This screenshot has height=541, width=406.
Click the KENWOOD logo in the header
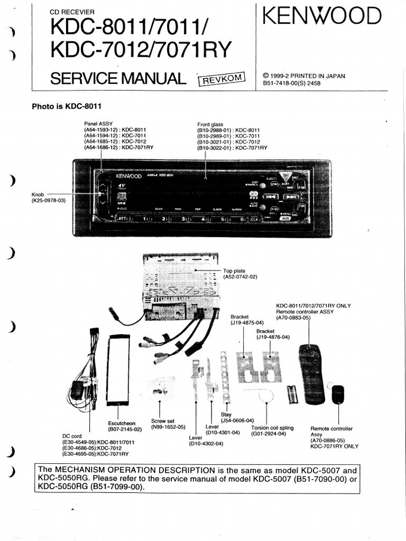[x=322, y=17]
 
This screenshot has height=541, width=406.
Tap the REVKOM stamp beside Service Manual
[x=223, y=79]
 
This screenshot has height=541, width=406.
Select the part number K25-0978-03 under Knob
[x=49, y=200]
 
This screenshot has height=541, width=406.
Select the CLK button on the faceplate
[x=254, y=218]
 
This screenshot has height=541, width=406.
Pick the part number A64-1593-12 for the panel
[x=100, y=129]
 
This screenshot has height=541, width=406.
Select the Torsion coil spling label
[x=269, y=427]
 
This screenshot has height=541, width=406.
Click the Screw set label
[x=163, y=421]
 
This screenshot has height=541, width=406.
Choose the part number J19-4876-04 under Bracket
[x=273, y=337]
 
